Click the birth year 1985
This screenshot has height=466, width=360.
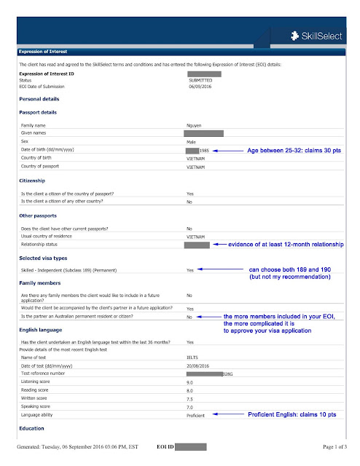205,150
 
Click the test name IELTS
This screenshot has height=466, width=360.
192,358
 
